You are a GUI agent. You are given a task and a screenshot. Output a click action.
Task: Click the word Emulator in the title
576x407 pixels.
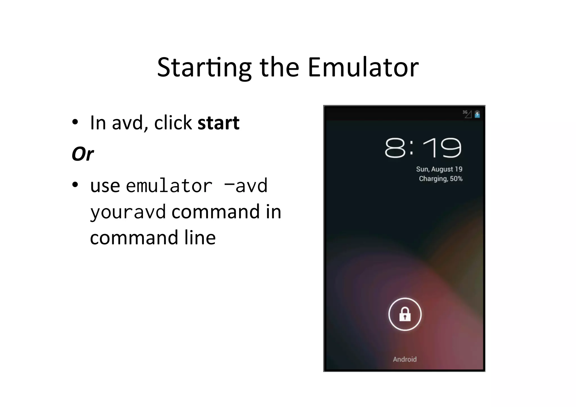(363, 68)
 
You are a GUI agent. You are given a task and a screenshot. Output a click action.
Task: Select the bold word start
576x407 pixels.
(218, 123)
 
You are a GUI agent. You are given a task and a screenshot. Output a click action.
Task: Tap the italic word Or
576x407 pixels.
(82, 154)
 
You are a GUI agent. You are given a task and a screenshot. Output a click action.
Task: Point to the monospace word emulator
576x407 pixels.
(169, 186)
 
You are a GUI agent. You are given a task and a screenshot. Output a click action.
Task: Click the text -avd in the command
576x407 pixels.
(246, 186)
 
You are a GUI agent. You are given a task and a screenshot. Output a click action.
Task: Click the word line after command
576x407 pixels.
(200, 238)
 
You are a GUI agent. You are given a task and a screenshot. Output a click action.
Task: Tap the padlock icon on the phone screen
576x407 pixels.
(405, 314)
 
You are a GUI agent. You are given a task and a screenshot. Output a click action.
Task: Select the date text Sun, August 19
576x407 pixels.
(439, 169)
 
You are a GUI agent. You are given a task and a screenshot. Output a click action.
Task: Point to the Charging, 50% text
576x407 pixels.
(440, 179)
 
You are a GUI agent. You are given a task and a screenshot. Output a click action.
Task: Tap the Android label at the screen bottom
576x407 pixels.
(405, 359)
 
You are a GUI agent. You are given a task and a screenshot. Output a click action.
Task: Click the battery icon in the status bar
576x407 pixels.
(477, 114)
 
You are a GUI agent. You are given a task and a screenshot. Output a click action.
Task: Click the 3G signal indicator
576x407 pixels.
(467, 114)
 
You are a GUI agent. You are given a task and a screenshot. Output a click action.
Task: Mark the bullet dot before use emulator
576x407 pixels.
(75, 185)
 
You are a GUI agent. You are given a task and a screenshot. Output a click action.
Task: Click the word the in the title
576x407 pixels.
(279, 68)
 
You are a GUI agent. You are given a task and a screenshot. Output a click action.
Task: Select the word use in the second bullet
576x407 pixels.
(105, 186)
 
